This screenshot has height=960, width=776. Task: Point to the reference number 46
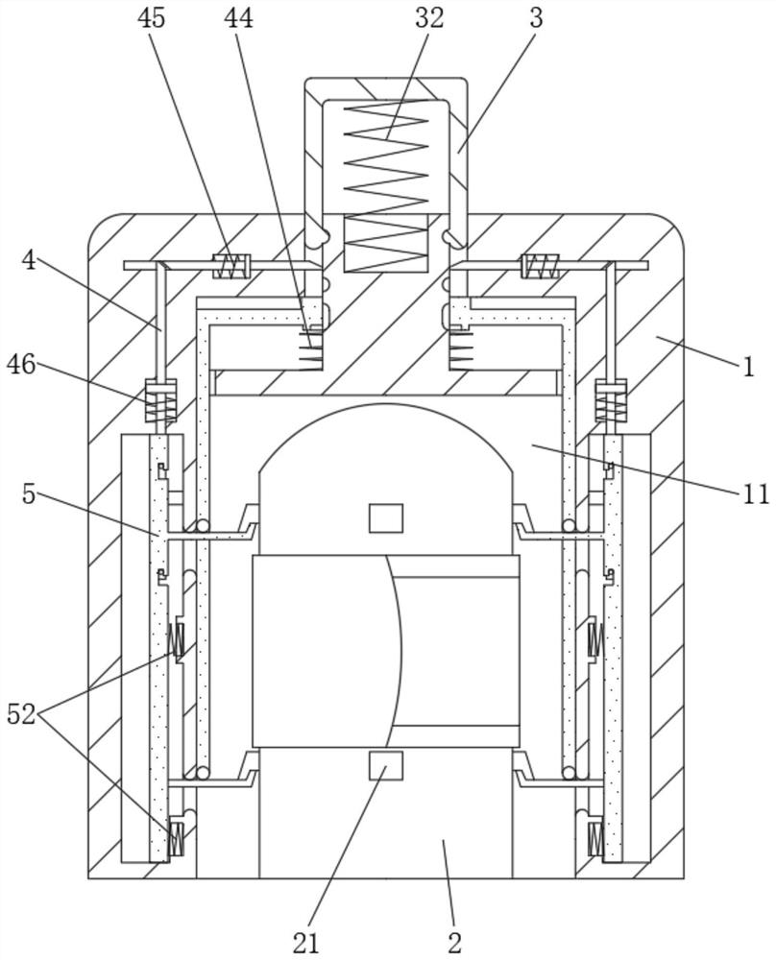pyautogui.click(x=21, y=366)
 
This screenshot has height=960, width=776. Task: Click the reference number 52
pyautogui.click(x=21, y=714)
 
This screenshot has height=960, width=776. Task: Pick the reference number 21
pyautogui.click(x=305, y=943)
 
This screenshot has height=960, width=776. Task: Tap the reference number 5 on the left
pyautogui.click(x=29, y=493)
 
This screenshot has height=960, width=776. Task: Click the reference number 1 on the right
pyautogui.click(x=748, y=367)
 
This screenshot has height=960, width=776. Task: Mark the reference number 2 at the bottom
pyautogui.click(x=454, y=943)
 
